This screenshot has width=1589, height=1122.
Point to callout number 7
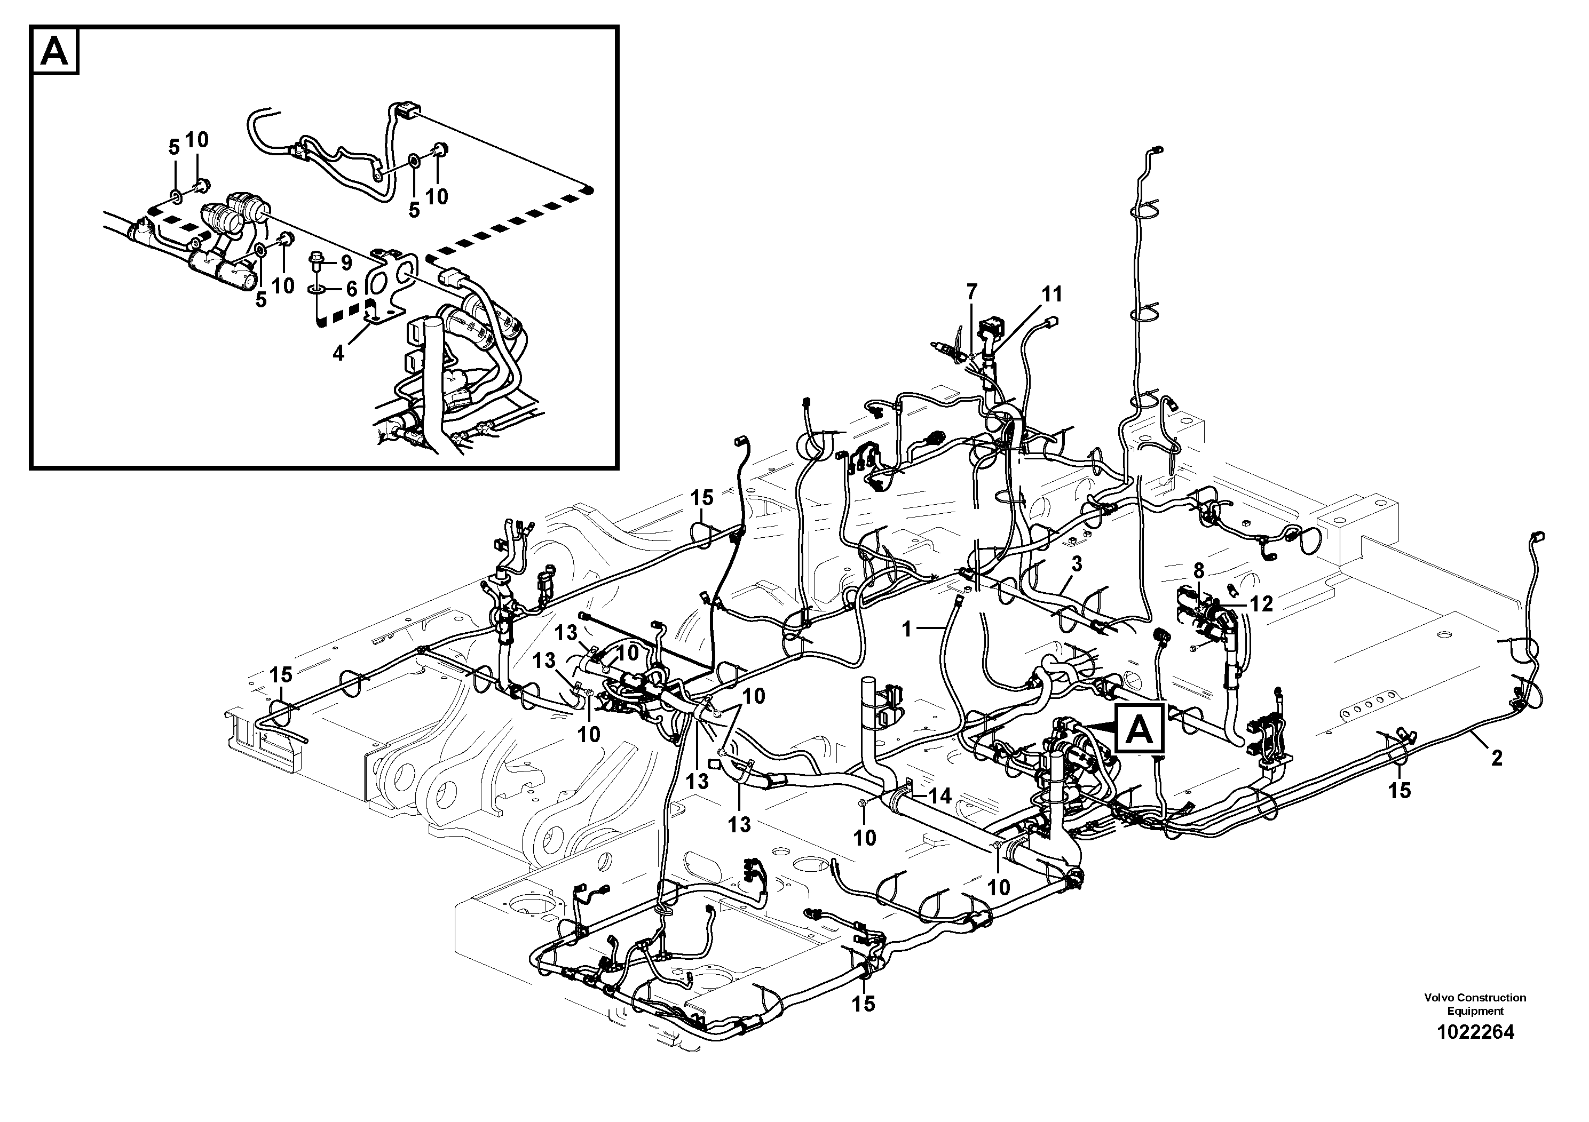point(971,292)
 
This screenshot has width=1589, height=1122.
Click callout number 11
point(1052,295)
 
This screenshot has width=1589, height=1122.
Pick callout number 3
point(1076,564)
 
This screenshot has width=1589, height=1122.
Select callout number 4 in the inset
point(338,354)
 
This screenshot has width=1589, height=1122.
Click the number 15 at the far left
point(280,674)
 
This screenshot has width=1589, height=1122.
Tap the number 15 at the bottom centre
point(864,1004)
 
